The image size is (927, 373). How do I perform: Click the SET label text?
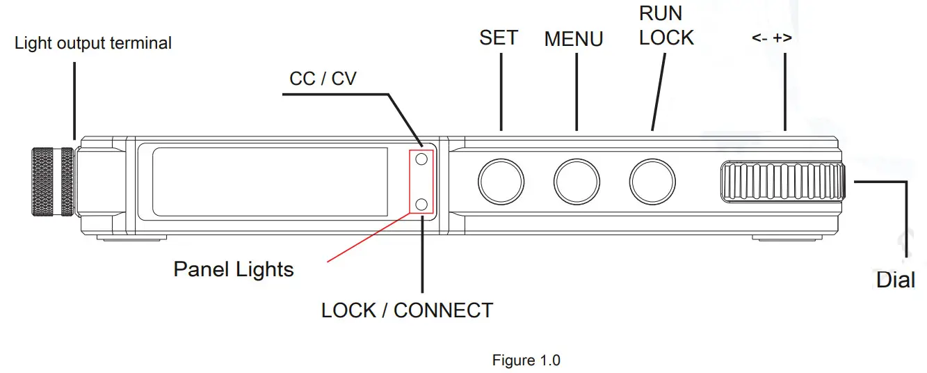pos(499,38)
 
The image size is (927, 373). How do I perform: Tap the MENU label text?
pos(573,39)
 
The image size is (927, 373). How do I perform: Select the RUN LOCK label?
pos(666,26)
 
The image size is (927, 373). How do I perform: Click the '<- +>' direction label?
pos(772,38)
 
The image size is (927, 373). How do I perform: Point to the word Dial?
pos(895,280)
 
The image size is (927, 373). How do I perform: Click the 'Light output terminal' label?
pos(93,43)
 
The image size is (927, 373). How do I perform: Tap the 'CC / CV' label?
pos(323,79)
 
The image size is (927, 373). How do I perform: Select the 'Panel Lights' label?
pos(234,269)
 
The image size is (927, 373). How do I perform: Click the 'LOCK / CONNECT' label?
pos(407,310)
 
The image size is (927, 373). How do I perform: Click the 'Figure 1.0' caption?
pos(526,360)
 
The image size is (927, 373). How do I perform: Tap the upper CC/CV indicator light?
pos(421,159)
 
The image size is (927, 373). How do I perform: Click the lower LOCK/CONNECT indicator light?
pos(421,204)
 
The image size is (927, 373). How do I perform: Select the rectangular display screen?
pos(270,181)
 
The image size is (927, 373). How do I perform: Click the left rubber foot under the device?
pos(131,238)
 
